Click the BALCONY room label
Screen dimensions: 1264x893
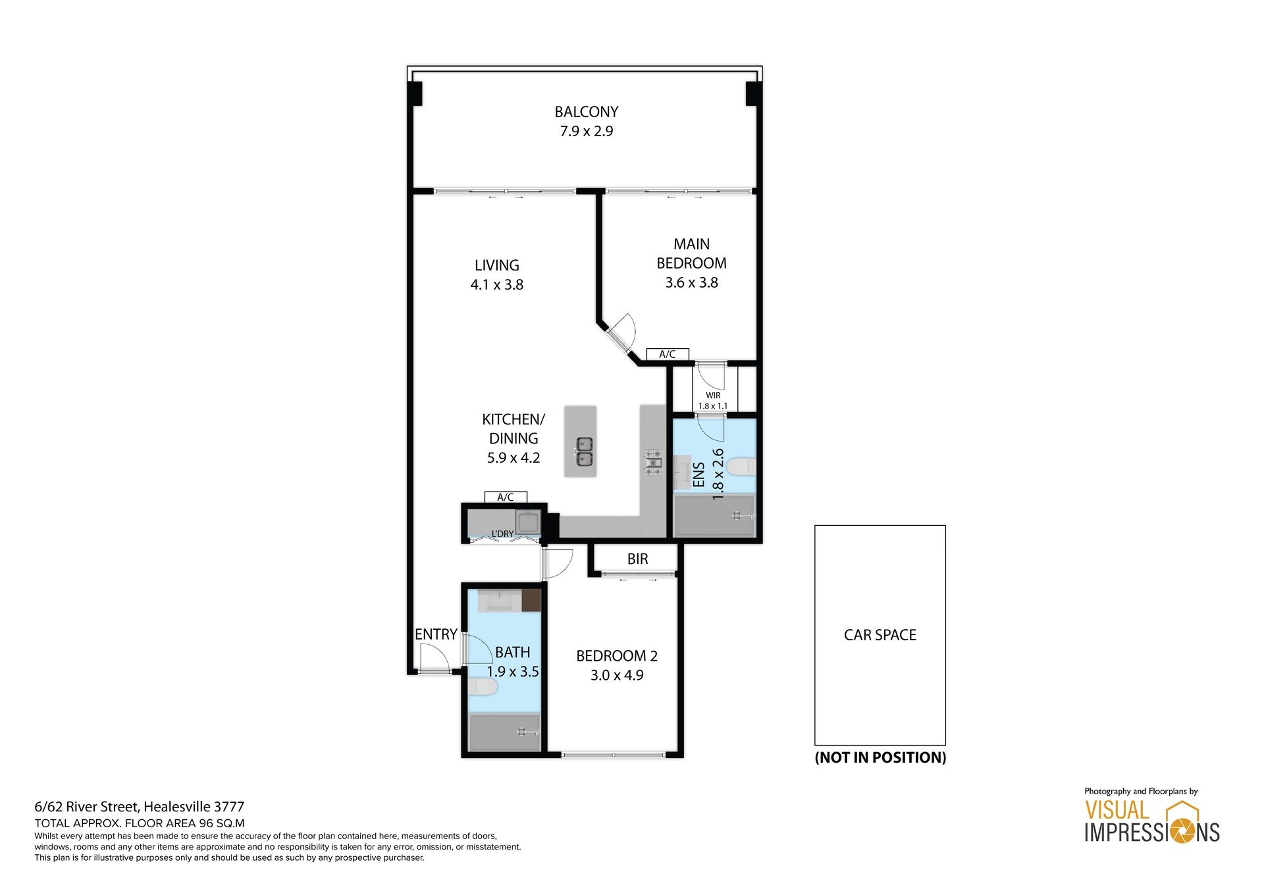click(586, 112)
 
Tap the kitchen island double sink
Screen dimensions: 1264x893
click(585, 451)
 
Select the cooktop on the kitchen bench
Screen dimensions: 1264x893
click(652, 462)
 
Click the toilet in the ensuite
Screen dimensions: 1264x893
click(741, 467)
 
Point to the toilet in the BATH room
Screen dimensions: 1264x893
click(483, 687)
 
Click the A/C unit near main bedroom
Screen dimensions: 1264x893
click(668, 354)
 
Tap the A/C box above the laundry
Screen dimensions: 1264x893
click(506, 497)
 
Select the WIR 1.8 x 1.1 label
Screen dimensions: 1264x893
click(713, 401)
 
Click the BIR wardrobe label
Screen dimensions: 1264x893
click(637, 559)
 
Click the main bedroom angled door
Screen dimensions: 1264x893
click(621, 334)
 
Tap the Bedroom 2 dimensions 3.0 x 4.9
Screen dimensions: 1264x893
click(617, 675)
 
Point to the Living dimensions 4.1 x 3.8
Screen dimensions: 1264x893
click(497, 285)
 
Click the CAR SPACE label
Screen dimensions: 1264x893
click(880, 635)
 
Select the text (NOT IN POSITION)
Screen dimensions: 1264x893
click(880, 757)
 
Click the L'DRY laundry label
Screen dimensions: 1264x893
click(502, 534)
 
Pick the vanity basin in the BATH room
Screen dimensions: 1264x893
click(500, 601)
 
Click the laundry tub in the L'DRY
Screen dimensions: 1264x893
click(528, 523)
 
